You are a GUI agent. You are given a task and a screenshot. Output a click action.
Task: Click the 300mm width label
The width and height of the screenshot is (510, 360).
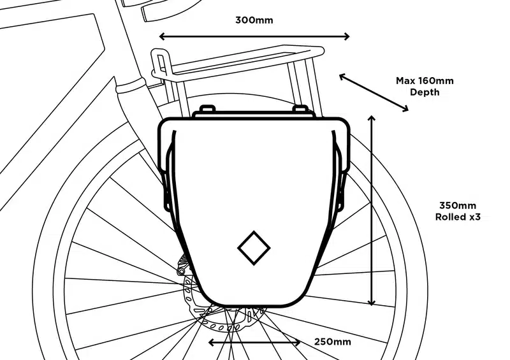coord(254,20)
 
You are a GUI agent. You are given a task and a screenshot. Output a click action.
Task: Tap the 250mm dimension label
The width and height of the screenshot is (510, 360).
coord(332,342)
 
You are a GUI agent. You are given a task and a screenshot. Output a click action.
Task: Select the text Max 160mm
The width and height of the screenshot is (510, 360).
coord(425,81)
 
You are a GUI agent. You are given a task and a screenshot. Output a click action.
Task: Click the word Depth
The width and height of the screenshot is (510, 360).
coord(425,92)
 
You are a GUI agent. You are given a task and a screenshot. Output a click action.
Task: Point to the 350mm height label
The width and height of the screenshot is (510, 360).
coord(457,206)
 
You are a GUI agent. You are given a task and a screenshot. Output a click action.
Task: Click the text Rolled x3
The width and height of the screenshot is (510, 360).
coord(458,217)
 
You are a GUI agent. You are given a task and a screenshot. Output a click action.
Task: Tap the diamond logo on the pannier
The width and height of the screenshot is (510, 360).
coord(254,248)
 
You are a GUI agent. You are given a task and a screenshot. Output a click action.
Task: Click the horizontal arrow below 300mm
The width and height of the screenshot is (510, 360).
coord(254,36)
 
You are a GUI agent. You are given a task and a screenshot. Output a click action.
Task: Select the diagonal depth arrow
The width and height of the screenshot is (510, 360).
coord(374,92)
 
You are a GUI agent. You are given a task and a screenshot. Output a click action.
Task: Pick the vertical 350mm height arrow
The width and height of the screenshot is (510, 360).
coord(372,210)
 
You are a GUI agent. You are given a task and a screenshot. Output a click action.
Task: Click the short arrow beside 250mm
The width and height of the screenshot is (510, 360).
coord(254,342)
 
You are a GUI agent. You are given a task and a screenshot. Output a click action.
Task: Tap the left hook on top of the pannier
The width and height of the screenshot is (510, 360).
coord(207,108)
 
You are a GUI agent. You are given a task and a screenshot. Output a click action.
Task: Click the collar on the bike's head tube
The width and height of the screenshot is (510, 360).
coord(130,85)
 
